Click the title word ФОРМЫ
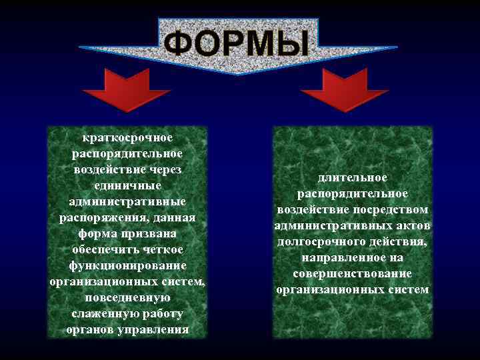[237, 44]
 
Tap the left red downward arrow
[127, 90]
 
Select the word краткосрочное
[127, 137]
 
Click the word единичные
[127, 185]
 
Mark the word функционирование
[127, 265]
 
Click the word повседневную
[127, 297]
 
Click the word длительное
[353, 177]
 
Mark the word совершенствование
[353, 273]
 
